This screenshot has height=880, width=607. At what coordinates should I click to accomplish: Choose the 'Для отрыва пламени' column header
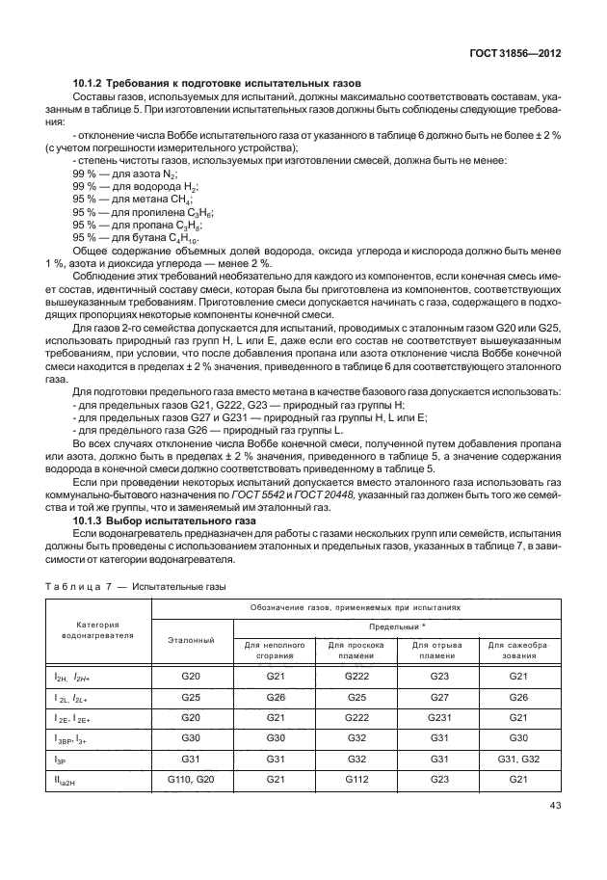pos(440,650)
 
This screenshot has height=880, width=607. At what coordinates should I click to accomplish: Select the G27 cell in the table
pos(440,696)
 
